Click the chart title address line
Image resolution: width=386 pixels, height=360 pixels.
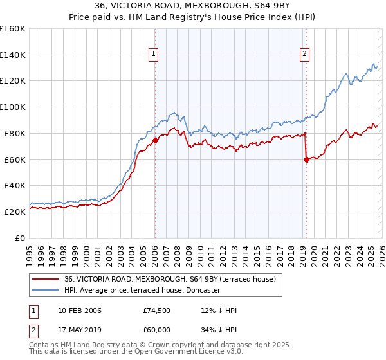(192, 6)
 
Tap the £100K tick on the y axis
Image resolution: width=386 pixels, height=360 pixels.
(13, 107)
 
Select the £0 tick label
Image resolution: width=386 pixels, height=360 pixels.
(21, 238)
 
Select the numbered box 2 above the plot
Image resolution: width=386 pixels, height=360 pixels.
(304, 55)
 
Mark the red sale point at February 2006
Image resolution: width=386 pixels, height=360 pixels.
(156, 140)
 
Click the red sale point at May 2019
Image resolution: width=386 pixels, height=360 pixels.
(306, 159)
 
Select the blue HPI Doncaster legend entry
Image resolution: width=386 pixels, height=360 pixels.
(142, 290)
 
